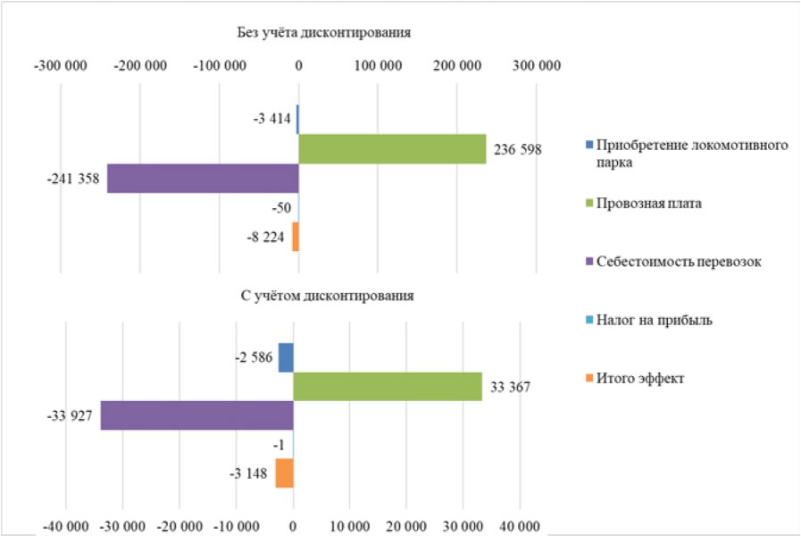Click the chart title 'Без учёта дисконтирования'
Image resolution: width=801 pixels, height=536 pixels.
324,33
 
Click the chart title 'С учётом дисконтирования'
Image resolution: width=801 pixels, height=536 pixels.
327,297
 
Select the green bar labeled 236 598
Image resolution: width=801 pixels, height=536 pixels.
392,149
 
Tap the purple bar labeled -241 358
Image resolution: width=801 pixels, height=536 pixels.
203,179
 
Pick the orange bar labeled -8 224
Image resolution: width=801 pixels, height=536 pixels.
296,237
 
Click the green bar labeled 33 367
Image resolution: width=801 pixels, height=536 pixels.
388,386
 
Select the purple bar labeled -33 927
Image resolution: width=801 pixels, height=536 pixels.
197,415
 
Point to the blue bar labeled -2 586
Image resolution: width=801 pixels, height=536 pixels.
286,357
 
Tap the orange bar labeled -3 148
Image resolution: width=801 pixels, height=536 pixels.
285,473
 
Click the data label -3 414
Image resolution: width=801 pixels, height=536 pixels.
271,119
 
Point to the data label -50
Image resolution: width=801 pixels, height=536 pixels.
281,208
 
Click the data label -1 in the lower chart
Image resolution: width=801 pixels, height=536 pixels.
279,446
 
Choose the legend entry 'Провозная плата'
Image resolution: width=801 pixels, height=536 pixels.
649,204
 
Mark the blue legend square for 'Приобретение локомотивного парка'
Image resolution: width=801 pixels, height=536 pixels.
589,145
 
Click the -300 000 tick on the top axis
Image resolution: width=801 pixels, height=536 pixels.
61,66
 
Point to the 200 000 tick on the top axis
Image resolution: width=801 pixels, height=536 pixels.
457,66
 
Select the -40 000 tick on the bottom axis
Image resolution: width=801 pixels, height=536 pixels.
66,526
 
